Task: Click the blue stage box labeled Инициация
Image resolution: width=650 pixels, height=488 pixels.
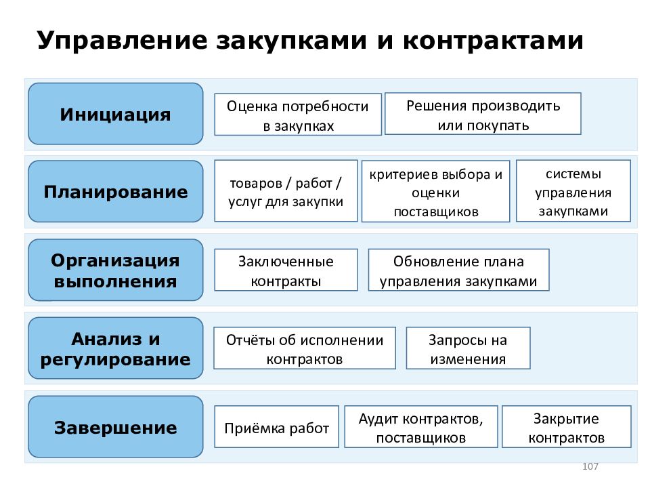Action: pos(116,114)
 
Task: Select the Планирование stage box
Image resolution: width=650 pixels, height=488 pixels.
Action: pos(116,191)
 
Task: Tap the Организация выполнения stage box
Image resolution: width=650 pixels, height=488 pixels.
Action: pos(116,270)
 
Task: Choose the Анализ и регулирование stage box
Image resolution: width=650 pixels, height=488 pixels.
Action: pos(116,348)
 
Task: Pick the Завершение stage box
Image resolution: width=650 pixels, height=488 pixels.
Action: pos(116,426)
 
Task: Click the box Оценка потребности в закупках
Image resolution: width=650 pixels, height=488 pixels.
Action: pos(298,115)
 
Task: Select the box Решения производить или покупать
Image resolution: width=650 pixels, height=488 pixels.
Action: pos(483,114)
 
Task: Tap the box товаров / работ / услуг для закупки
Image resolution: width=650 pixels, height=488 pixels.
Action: pos(286,191)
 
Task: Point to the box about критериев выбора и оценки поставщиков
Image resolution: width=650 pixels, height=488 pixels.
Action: pos(435,191)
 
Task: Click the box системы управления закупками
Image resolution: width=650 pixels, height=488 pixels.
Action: pos(573,191)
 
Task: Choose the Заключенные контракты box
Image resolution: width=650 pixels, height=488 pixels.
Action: pos(286,270)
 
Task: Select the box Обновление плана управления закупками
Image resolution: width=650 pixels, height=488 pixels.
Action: pos(459,270)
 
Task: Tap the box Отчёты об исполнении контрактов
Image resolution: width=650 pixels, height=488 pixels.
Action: pos(305,348)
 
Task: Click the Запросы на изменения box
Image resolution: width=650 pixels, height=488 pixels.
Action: pos(468,348)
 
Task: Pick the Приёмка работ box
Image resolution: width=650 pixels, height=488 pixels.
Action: pos(276,426)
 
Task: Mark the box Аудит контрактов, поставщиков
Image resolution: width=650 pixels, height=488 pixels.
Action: pos(421,426)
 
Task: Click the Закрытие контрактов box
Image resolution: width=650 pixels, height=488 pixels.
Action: pos(567,426)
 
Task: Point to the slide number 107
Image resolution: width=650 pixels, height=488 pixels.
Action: pos(590,466)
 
